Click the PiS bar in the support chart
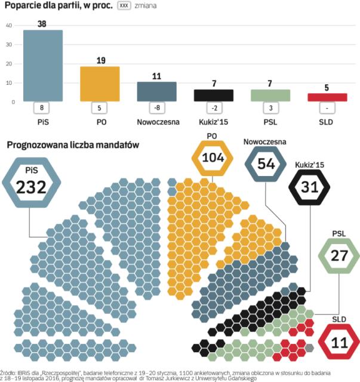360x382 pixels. click(42, 66)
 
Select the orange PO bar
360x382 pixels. click(100, 84)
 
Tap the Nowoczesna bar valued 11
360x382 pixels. click(156, 91)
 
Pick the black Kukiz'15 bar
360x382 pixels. click(213, 95)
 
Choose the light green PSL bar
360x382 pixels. click(270, 95)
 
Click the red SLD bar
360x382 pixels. click(327, 97)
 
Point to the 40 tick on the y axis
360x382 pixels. click(9, 26)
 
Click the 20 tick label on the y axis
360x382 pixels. click(9, 64)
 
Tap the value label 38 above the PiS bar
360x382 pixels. click(42, 23)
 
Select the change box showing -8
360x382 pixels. click(156, 108)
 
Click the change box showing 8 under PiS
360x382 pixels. click(42, 108)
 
